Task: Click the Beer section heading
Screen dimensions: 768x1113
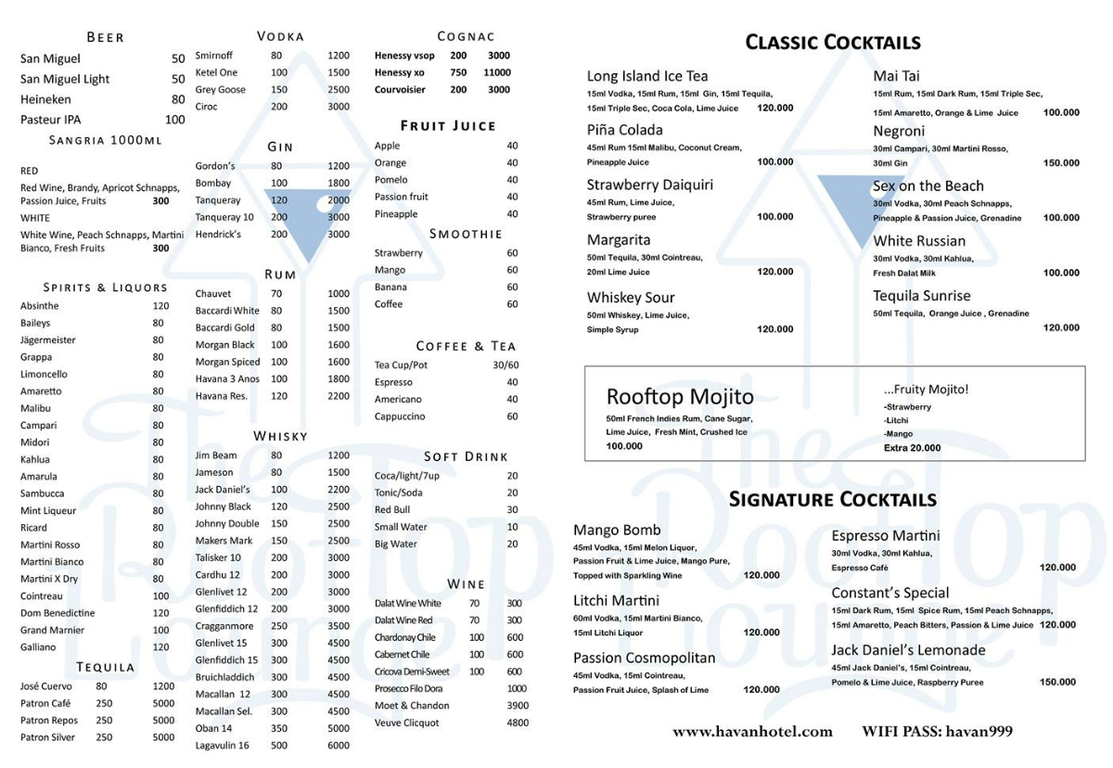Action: click(105, 37)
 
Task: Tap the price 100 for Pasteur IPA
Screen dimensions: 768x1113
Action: click(174, 120)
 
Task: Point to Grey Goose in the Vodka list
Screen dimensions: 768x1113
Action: click(220, 90)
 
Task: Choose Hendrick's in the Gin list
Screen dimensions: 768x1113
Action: click(218, 235)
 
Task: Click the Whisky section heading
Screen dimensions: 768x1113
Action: click(280, 436)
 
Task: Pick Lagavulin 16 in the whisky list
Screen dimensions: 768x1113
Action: click(222, 746)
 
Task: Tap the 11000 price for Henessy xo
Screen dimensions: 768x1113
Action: click(496, 72)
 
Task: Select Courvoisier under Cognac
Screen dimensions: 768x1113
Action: click(401, 90)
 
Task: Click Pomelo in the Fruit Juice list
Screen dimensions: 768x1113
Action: click(390, 180)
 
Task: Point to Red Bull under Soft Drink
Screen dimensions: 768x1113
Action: click(391, 510)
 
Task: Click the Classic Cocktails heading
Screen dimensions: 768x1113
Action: click(833, 43)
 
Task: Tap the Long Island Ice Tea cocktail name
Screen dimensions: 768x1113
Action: click(647, 76)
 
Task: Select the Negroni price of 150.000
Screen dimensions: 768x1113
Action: click(1061, 163)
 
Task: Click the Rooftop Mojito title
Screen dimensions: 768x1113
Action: click(680, 397)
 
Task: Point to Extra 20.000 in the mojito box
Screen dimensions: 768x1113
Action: click(912, 448)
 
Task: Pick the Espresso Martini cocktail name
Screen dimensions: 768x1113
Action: click(885, 536)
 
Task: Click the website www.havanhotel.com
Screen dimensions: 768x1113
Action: click(752, 732)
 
